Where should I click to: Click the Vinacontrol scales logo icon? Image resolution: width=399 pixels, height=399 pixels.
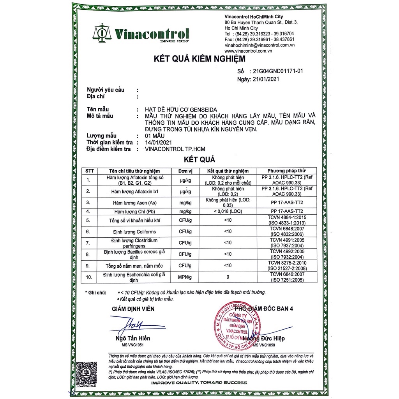[x=101, y=32]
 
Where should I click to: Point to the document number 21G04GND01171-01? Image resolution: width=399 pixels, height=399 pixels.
[x=278, y=71]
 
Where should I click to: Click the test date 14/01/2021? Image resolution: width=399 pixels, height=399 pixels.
[x=158, y=142]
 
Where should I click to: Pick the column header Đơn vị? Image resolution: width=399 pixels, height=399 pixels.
[x=186, y=171]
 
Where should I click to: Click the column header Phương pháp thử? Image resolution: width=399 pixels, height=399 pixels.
[x=286, y=171]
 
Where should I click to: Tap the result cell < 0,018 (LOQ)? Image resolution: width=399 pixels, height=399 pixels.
[x=228, y=211]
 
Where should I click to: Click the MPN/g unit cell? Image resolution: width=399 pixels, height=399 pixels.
[x=186, y=277]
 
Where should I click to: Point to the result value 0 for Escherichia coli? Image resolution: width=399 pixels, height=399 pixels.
[x=228, y=277]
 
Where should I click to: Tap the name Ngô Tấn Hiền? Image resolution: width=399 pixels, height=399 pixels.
[x=133, y=338]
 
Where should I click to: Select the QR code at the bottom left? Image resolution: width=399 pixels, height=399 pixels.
[x=85, y=372]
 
